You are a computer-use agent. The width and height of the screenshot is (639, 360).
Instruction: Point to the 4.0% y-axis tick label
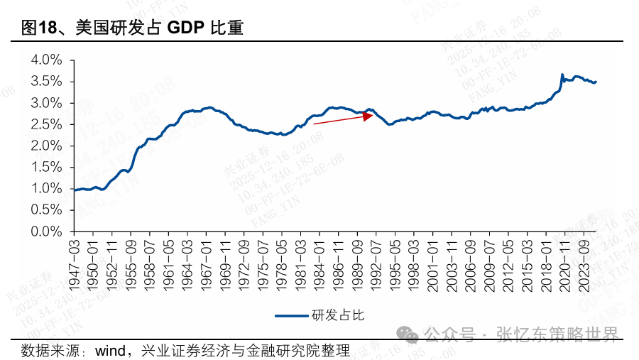47,60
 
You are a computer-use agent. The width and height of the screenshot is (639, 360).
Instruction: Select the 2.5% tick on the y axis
47,124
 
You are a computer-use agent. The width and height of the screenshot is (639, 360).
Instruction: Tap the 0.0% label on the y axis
47,231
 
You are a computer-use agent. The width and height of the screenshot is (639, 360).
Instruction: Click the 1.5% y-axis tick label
47,167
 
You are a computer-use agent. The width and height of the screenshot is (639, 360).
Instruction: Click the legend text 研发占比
337,315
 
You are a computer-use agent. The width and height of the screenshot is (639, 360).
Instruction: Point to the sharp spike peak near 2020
562,74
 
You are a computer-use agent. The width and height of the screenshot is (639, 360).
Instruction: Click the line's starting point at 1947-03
75,190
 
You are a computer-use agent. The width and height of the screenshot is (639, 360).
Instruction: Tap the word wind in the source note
110,350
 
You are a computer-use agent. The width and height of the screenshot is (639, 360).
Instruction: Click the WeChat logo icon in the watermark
408,334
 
